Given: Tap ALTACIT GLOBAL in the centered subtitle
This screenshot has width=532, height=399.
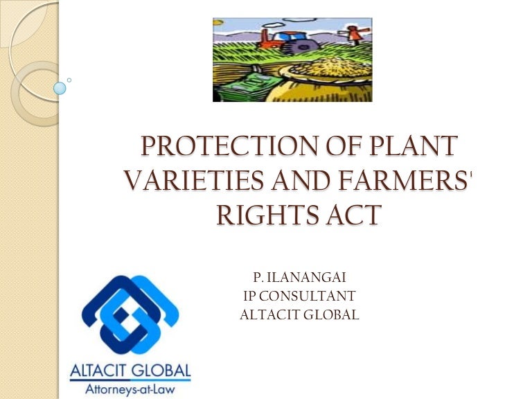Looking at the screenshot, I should [x=299, y=314].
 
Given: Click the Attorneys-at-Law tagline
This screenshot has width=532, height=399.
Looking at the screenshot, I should [x=130, y=388].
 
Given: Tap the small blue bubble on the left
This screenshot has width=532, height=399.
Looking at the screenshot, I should [x=60, y=88].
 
